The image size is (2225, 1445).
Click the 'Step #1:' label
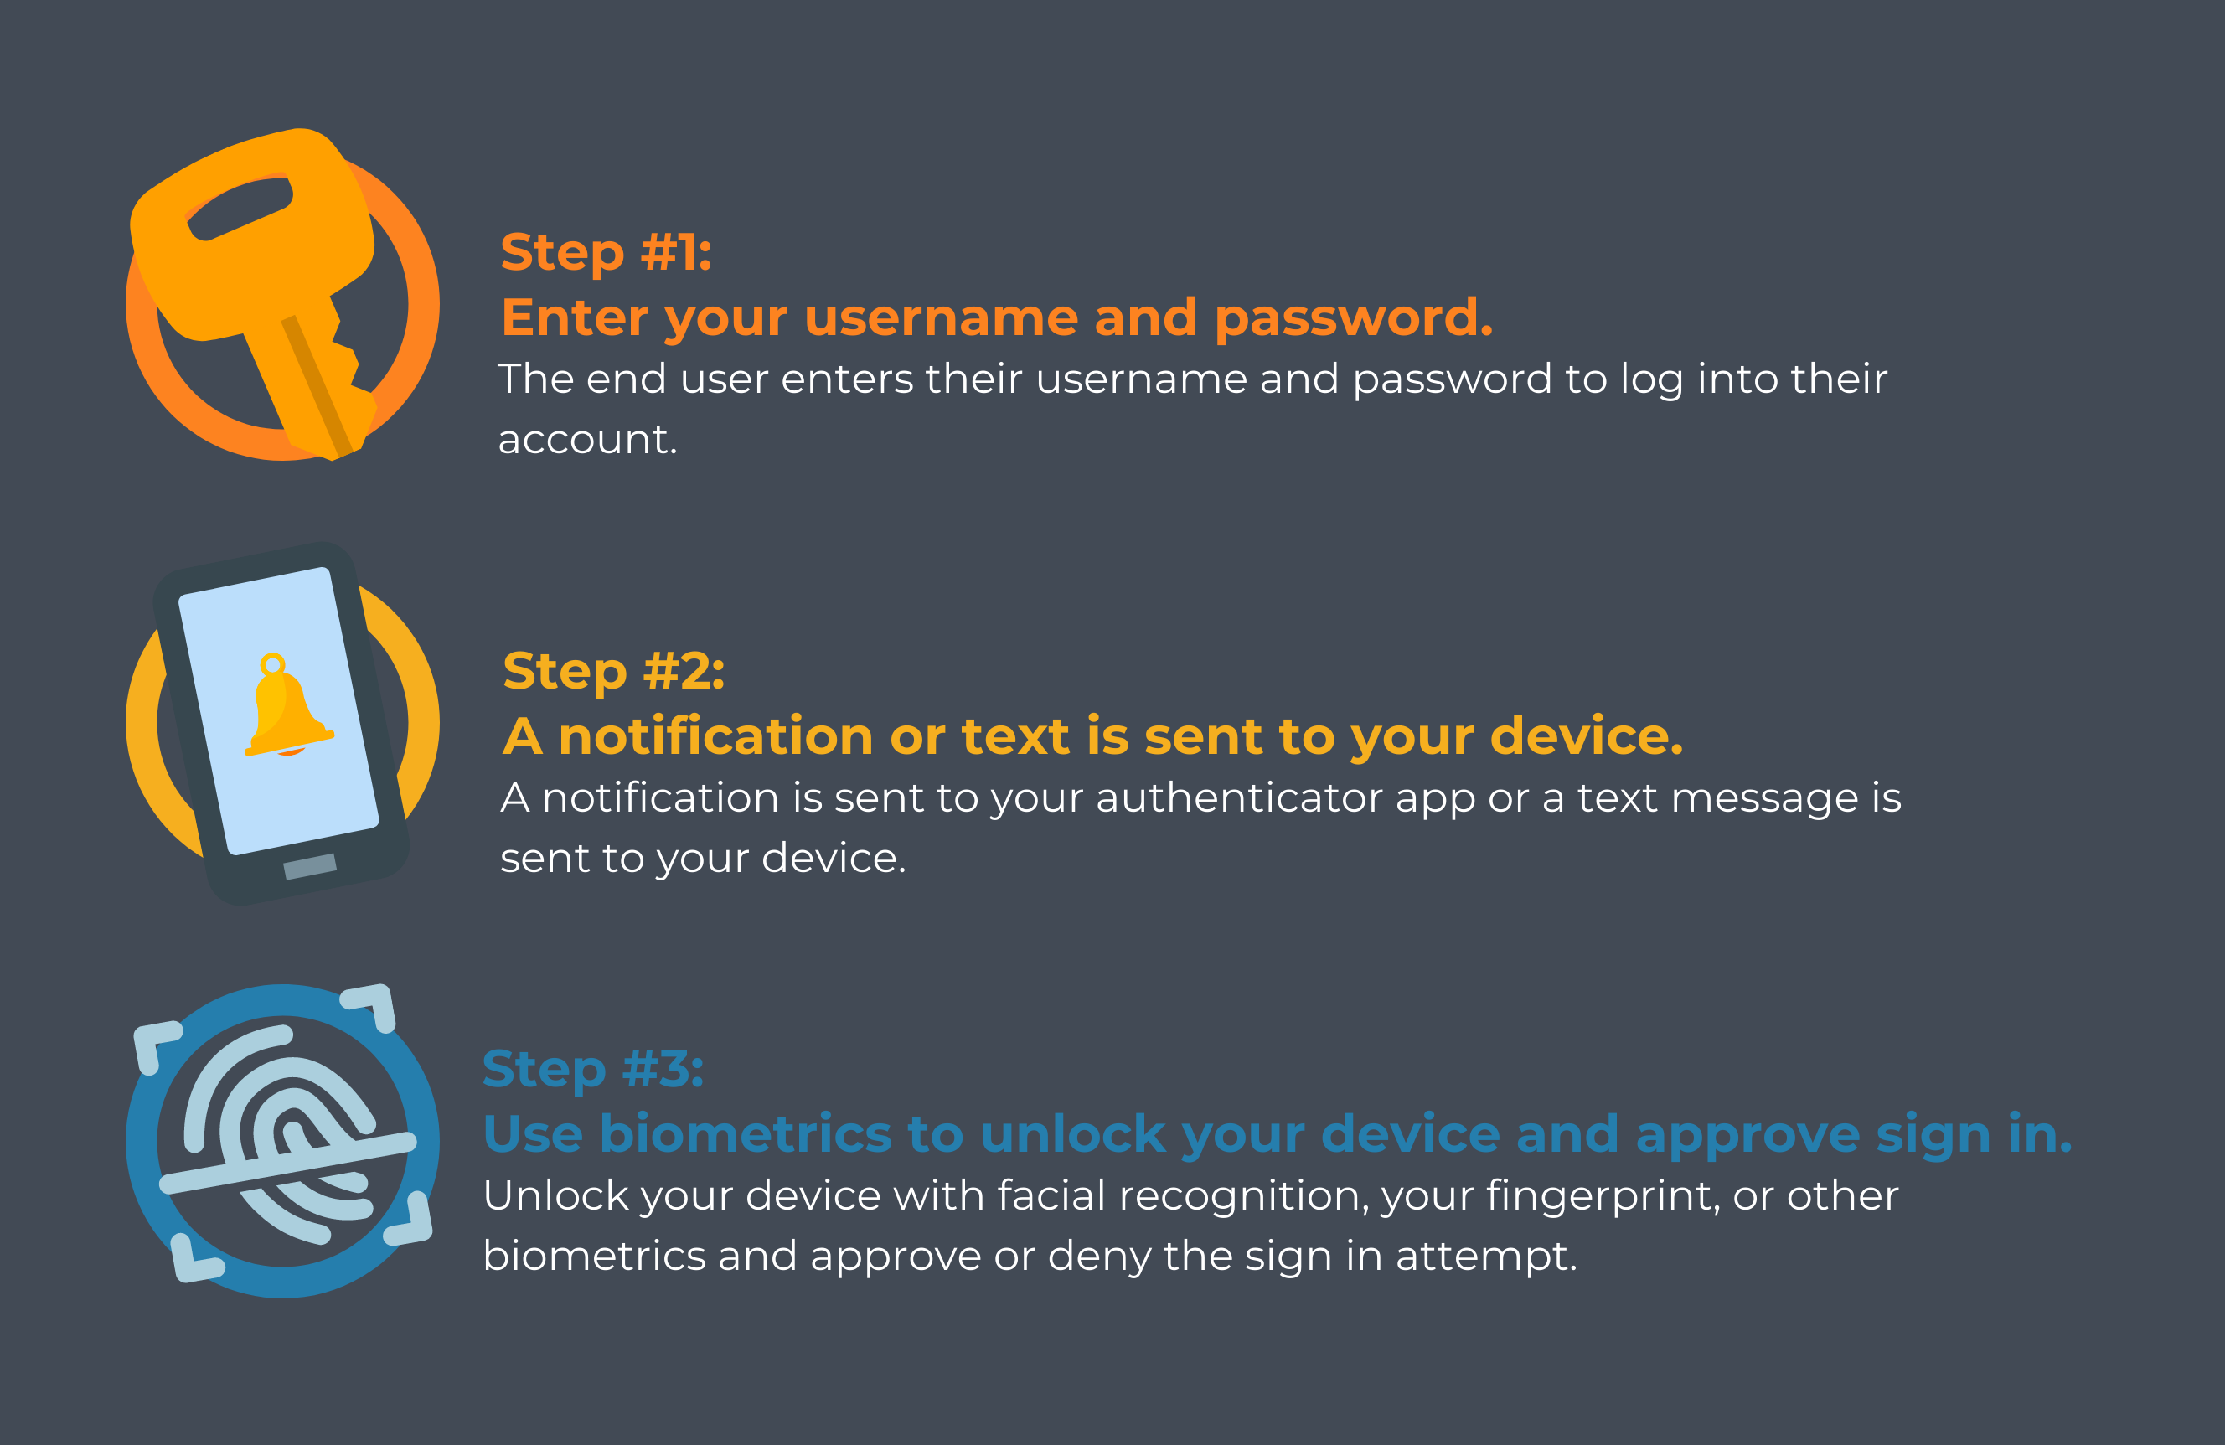[x=606, y=252]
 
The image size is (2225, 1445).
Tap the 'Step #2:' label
[x=613, y=671]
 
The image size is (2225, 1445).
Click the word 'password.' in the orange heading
[x=1353, y=318]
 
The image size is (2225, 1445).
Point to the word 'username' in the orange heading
[x=940, y=317]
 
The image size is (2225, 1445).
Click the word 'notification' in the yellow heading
[x=715, y=736]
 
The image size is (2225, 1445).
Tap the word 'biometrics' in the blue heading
[x=745, y=1135]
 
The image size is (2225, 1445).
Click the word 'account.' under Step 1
[x=587, y=439]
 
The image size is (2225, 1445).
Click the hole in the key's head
[x=241, y=208]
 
